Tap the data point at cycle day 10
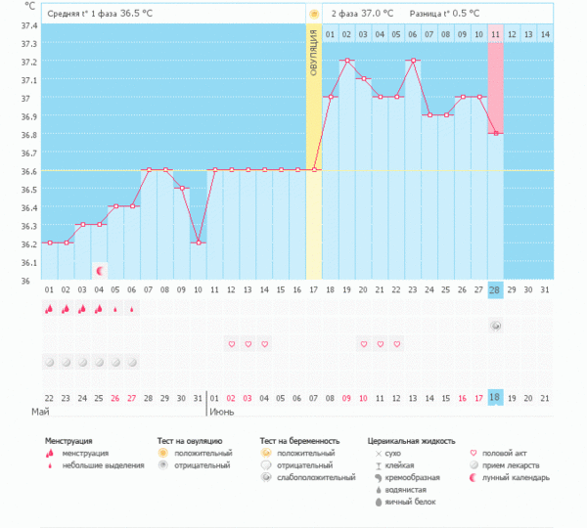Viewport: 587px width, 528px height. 198,242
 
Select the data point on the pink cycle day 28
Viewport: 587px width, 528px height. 496,133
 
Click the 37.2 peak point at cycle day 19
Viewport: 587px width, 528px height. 347,61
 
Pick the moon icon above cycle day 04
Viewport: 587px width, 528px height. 99,269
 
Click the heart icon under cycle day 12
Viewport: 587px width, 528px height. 231,344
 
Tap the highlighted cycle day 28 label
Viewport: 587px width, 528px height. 496,289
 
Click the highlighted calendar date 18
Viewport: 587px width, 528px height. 496,398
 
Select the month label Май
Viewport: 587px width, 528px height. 40,412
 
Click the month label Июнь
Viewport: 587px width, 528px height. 221,412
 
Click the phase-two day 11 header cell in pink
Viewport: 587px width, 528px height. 496,34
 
